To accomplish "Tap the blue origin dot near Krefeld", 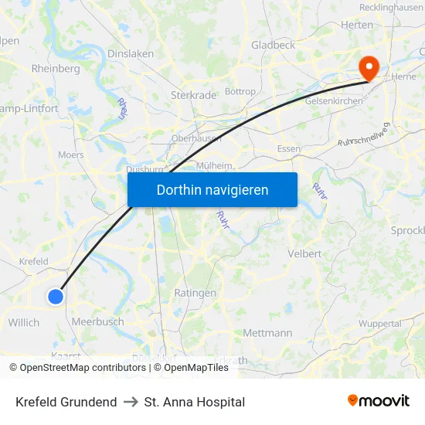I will (x=56, y=296).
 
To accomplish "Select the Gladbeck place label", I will (x=273, y=46).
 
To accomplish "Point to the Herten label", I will (x=356, y=25).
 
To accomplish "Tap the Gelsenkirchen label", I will (x=335, y=101).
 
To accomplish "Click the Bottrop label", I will (x=240, y=91).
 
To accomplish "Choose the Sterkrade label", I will (x=192, y=96).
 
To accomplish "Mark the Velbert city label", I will (x=304, y=254).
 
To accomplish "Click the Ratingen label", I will (x=195, y=293).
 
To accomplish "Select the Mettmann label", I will (x=267, y=333).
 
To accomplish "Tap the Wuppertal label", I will (x=380, y=323).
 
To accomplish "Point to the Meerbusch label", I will (x=97, y=321).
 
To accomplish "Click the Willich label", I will (x=24, y=322).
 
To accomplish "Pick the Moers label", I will (x=71, y=155).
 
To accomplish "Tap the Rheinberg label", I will (x=56, y=69).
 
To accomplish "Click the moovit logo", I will (x=378, y=401).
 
